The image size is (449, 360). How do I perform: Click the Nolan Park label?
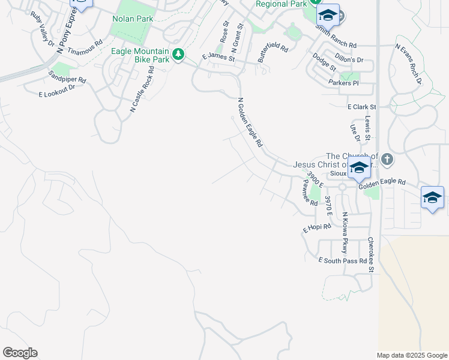tap(132, 19)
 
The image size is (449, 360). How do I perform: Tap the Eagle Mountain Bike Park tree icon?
tap(178, 55)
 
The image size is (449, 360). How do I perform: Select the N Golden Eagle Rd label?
tap(250, 123)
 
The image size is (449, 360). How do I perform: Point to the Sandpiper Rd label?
tap(67, 77)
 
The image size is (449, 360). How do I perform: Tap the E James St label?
tap(218, 58)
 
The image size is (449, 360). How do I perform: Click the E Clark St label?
tap(361, 107)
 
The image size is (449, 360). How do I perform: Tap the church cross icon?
tap(387, 160)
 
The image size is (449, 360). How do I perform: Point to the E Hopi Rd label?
tap(317, 228)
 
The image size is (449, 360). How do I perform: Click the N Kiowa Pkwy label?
tap(345, 232)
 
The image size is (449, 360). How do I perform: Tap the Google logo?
tap(20, 353)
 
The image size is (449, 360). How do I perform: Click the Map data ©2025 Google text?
tap(411, 355)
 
